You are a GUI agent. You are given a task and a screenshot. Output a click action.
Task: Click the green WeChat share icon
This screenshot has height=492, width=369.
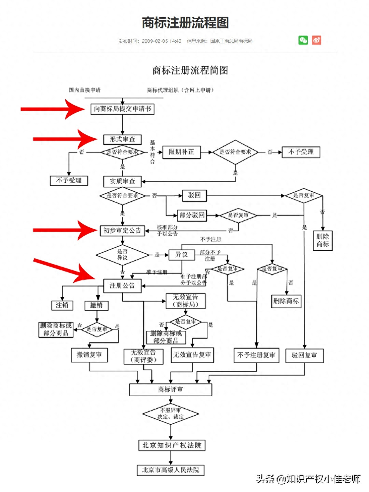[x=303, y=40]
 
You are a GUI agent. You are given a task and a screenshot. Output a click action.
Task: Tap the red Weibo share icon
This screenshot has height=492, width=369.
[x=317, y=40]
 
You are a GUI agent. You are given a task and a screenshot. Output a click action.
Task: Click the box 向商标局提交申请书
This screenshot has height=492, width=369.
[x=123, y=109]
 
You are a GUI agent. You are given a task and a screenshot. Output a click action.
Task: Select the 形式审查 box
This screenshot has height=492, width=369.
[x=123, y=139]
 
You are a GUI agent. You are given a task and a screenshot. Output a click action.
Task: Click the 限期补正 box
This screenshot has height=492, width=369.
[x=181, y=152]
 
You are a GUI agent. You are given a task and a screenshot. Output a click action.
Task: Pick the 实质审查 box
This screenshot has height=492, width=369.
[x=123, y=181]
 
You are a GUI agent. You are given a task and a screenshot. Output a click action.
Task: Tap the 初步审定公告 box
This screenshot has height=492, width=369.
[x=123, y=231]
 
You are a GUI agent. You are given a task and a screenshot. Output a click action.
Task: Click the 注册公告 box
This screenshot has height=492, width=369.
[x=123, y=286]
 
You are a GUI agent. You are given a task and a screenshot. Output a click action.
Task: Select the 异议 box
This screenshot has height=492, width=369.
[x=182, y=255]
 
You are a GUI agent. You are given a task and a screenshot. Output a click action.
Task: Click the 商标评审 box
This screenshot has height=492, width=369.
[x=171, y=389]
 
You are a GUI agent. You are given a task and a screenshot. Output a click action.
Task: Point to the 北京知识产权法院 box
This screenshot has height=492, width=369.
[x=172, y=445]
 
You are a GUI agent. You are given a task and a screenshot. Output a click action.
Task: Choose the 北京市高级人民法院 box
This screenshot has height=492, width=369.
[x=171, y=470]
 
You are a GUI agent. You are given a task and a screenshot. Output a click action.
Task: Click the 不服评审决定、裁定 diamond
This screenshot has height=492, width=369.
[x=171, y=414]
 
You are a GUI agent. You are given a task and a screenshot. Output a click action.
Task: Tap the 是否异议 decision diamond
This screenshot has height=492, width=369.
[x=123, y=255]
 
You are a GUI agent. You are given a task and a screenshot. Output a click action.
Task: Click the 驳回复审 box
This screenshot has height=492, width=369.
[x=304, y=355]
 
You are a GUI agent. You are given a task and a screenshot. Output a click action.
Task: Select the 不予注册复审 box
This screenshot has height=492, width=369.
[x=256, y=355]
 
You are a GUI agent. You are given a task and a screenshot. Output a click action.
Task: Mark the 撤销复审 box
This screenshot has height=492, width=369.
[x=90, y=355]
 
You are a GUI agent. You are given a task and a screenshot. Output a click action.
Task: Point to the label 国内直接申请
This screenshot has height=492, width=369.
[x=85, y=90]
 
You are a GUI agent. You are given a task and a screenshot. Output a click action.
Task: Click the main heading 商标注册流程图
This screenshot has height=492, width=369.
[x=185, y=23]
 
